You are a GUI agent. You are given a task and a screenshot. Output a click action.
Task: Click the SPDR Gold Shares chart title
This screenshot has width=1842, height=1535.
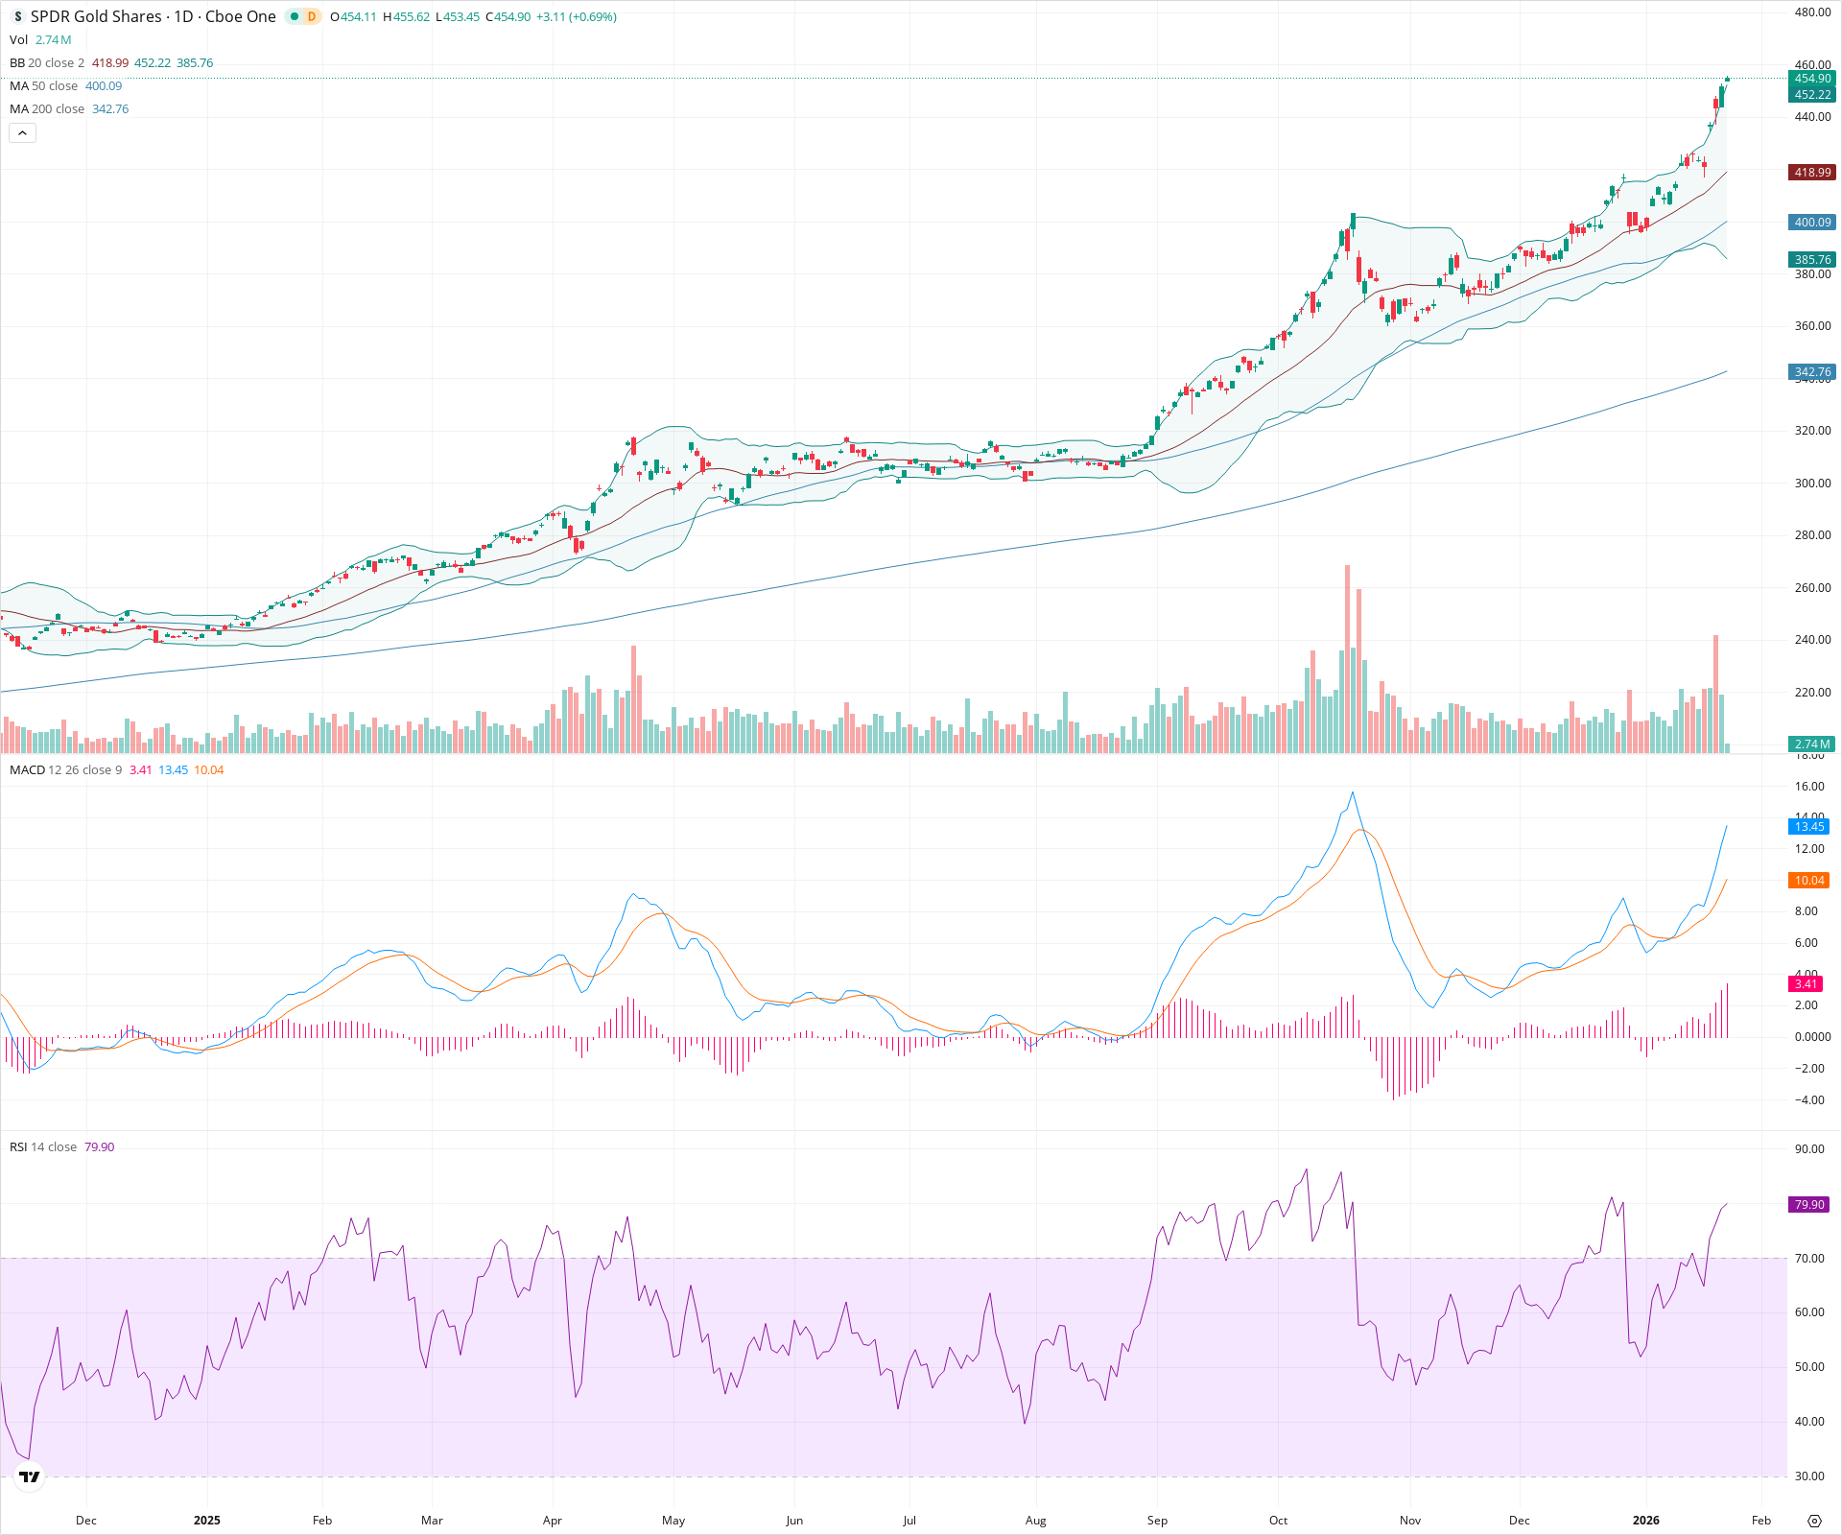coord(153,16)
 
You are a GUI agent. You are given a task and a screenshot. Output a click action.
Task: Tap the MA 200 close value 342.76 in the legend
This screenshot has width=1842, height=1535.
coord(110,109)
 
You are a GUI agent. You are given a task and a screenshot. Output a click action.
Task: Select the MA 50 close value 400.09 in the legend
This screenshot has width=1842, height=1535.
coord(104,86)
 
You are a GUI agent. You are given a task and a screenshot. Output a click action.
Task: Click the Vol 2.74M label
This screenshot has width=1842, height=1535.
coord(40,40)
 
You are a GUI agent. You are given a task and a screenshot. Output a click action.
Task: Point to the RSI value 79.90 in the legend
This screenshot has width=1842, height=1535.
coord(99,1147)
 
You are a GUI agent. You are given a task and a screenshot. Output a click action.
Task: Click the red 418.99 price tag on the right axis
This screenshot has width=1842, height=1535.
coord(1811,173)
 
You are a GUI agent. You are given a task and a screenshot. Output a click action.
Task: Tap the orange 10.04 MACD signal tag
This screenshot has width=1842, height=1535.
coord(1809,880)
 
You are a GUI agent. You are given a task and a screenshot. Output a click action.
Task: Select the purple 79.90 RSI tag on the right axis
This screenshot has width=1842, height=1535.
coord(1809,1204)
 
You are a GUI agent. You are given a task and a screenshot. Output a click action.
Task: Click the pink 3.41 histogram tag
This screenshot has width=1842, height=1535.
coord(1806,983)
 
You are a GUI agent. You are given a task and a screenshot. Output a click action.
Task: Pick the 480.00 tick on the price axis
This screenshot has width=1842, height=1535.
coord(1812,12)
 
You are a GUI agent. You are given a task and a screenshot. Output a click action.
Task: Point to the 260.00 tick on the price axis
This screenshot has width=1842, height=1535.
coord(1812,587)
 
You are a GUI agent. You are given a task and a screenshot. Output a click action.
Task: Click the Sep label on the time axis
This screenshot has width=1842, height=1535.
coord(1157,1520)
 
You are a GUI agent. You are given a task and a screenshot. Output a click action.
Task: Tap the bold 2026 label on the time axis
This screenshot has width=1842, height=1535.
coord(1646,1520)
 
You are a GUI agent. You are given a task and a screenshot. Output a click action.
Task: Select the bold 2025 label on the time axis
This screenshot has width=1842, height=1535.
coord(206,1520)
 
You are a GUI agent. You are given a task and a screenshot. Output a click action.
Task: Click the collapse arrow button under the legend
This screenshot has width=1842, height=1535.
coord(22,133)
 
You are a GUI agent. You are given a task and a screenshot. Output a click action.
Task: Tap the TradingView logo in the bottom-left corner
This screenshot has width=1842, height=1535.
coord(30,1476)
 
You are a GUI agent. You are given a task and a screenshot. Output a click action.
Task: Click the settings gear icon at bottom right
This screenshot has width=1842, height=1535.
coord(1813,1521)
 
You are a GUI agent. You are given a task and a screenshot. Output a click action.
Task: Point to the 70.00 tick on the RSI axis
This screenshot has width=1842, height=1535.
coord(1809,1258)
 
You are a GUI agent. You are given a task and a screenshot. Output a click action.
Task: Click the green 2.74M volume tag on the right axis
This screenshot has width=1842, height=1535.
coord(1811,744)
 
